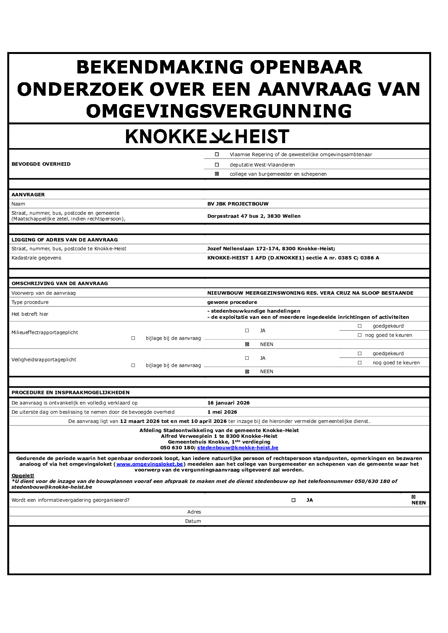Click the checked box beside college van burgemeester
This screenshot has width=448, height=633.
tap(217, 174)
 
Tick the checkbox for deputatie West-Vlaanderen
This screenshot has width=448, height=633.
tap(217, 165)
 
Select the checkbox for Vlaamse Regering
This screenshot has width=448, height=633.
tap(217, 155)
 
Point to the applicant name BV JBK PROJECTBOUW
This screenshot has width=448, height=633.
tap(238, 204)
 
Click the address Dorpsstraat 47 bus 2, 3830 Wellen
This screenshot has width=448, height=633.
tap(254, 216)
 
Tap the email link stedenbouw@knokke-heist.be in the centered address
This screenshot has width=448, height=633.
tap(238, 448)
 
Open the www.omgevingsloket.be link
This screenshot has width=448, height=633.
tap(149, 464)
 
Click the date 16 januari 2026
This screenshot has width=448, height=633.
tap(228, 403)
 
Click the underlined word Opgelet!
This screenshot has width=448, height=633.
tap(23, 476)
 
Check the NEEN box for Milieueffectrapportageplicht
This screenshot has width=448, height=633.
tap(247, 344)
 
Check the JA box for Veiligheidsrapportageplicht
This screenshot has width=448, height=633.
tap(247, 358)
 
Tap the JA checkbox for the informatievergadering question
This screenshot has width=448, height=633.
tap(294, 500)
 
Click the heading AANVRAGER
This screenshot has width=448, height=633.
tap(28, 195)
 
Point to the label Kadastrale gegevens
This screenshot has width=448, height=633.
tap(36, 258)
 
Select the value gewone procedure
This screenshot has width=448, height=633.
tap(232, 302)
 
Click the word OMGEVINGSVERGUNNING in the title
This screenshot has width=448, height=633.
tap(219, 111)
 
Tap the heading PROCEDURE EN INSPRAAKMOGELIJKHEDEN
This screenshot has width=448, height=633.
tap(71, 393)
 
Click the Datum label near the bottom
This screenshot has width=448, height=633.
tap(193, 521)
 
